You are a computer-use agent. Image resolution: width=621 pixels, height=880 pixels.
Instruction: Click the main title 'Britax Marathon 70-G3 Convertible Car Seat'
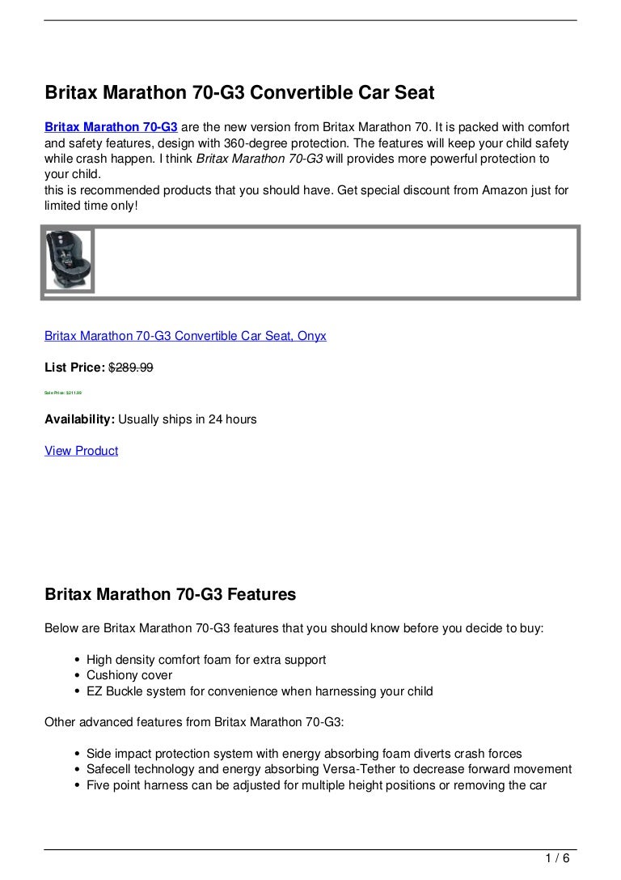click(239, 94)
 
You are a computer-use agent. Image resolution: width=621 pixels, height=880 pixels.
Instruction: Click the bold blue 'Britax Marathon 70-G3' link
click(111, 129)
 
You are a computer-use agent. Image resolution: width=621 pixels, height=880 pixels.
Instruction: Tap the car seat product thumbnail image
click(70, 258)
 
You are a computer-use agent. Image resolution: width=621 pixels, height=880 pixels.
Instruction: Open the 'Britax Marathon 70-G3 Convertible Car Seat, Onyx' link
click(185, 335)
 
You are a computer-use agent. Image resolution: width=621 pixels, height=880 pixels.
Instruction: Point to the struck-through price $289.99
click(131, 368)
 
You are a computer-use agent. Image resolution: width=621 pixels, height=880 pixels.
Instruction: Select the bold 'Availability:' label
click(79, 419)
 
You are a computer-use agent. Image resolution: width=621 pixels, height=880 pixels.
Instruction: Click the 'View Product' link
click(81, 451)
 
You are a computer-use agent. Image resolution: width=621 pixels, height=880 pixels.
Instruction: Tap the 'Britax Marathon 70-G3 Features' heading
click(170, 595)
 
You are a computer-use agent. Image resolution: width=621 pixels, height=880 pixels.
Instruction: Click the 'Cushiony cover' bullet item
click(129, 675)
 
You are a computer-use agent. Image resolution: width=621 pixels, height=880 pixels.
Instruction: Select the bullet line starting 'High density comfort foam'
click(206, 660)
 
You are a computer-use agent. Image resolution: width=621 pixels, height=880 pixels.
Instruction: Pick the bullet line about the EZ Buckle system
click(260, 691)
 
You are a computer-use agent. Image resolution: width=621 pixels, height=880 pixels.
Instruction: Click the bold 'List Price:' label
click(74, 368)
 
